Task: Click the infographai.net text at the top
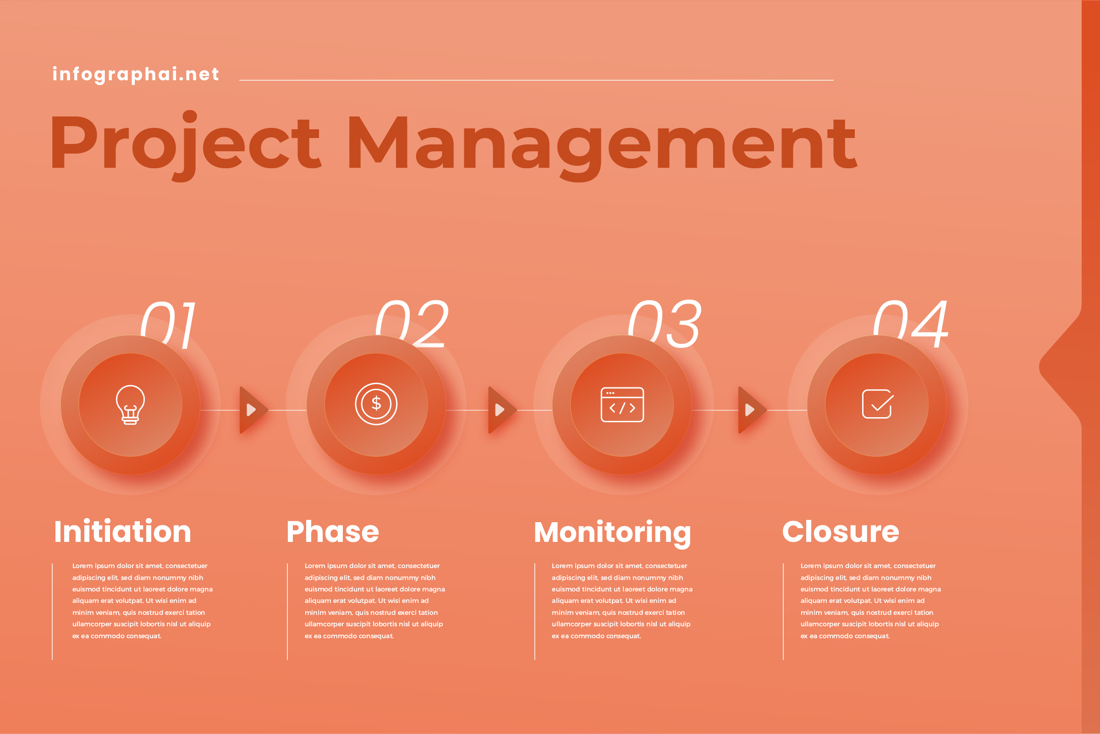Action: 136,74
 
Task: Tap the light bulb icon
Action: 130,405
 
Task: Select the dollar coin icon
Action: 376,403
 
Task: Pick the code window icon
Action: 622,404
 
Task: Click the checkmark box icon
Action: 877,403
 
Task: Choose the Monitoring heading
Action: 612,533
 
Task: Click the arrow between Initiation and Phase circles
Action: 253,410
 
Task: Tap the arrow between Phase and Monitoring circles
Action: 502,410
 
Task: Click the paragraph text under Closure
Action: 870,601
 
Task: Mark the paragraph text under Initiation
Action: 142,601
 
